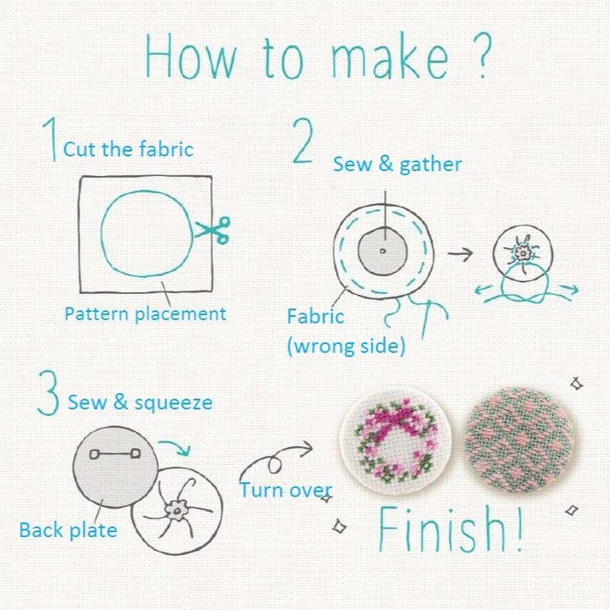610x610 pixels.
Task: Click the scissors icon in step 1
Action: pos(212,230)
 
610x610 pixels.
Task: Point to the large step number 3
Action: pos(50,392)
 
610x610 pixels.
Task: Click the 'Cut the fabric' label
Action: pos(128,150)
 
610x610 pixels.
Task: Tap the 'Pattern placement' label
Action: pos(145,313)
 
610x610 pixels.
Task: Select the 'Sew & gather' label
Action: pos(396,164)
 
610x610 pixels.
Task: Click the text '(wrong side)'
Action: pos(345,347)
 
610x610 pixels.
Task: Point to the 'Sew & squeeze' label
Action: pos(140,402)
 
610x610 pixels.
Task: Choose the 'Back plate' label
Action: pos(69,530)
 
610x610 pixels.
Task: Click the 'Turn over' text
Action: pos(285,490)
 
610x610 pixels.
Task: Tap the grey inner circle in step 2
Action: pos(383,252)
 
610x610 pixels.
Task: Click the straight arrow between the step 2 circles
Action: pos(461,252)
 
